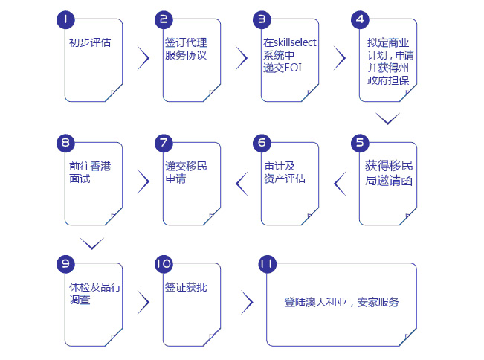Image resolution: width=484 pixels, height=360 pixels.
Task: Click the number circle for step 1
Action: point(66,19)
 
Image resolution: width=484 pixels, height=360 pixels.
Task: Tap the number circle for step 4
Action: point(361,19)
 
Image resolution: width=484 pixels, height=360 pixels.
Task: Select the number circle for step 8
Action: point(66,143)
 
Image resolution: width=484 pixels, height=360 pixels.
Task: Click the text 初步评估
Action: point(89,42)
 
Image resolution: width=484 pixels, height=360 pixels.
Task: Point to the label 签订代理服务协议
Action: point(186,49)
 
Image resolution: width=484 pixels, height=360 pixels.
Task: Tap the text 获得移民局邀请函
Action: point(387,172)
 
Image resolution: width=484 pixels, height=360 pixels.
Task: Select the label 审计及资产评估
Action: point(285,172)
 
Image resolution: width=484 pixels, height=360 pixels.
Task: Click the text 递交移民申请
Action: point(186,172)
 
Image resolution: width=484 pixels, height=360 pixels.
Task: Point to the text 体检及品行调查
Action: point(90,294)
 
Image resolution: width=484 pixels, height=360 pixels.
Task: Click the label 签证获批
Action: point(186,287)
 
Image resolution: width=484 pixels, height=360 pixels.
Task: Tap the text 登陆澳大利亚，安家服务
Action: point(341,302)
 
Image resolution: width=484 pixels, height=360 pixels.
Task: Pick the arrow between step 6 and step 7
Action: point(242,181)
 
